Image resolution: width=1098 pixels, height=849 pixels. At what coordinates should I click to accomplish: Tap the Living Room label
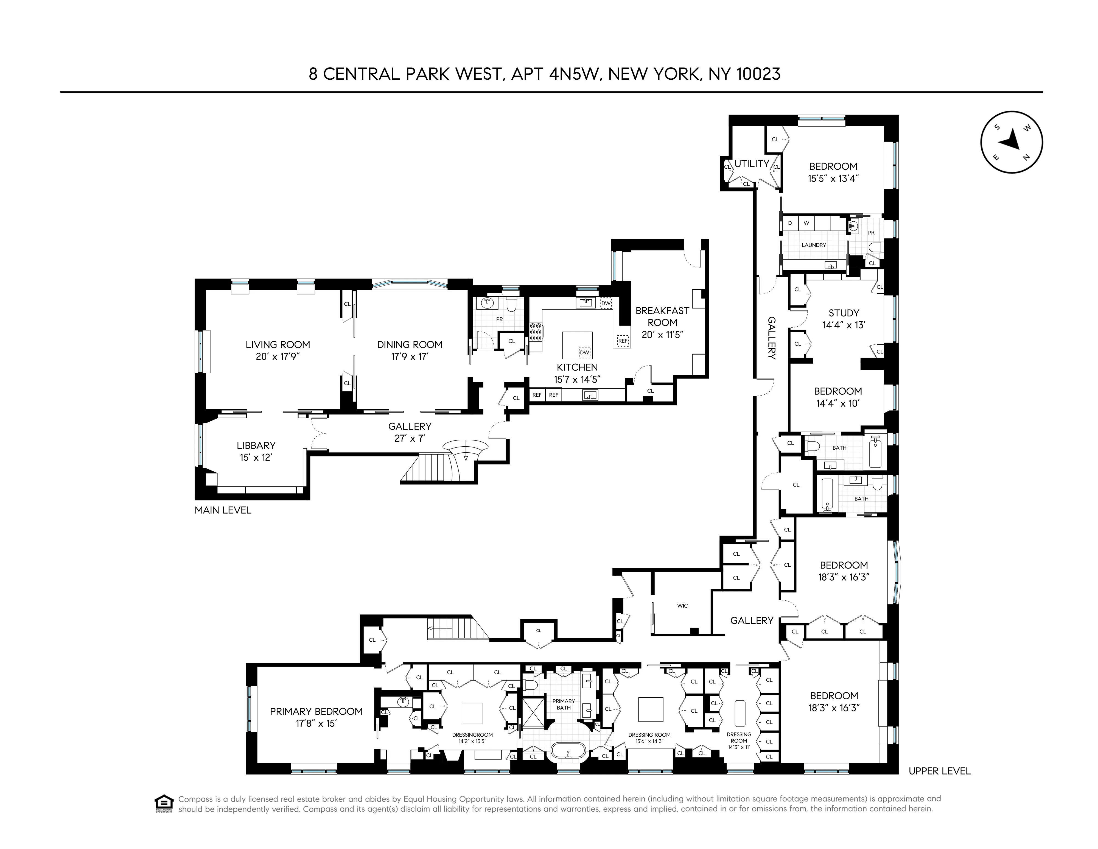coord(278,344)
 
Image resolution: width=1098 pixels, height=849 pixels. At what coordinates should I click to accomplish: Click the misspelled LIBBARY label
coord(256,445)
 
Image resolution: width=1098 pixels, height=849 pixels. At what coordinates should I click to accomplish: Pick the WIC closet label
coord(682,606)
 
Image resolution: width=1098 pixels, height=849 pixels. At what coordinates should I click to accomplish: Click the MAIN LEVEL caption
coord(223,510)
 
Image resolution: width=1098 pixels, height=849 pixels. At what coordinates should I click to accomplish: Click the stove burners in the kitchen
coord(536,332)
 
